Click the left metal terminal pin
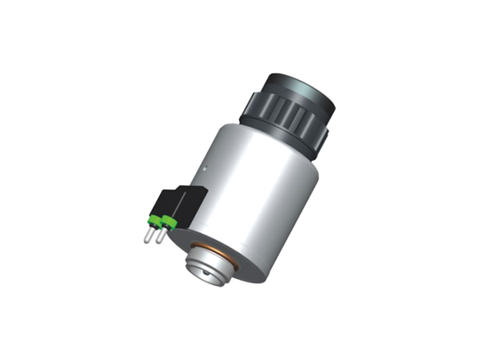tap(148, 234)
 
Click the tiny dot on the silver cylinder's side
tap(205, 169)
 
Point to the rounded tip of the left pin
tap(146, 240)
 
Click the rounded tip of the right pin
tap(158, 242)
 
